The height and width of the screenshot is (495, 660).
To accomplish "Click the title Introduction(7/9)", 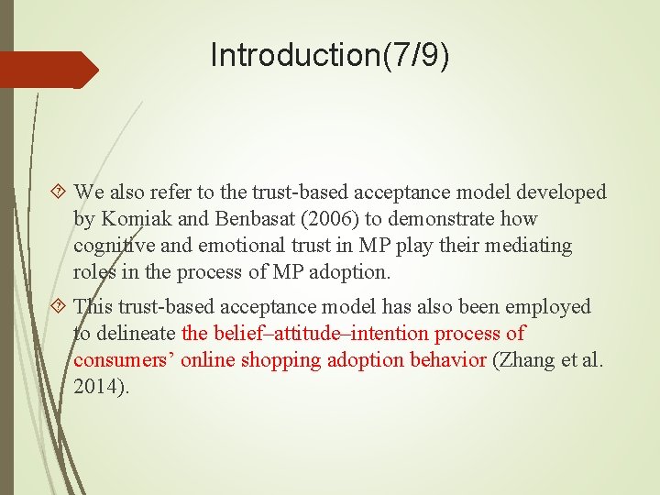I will pyautogui.click(x=330, y=55).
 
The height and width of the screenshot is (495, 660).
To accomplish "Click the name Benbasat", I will pyautogui.click(x=253, y=219).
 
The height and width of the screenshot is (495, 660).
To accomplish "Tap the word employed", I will pyautogui.click(x=548, y=306).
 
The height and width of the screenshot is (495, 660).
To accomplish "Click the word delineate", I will pyautogui.click(x=136, y=334).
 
